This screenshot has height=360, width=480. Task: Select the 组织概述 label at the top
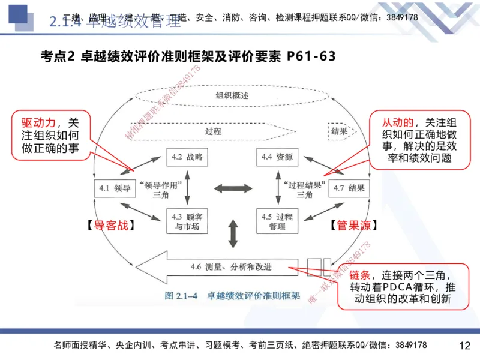tap(232, 95)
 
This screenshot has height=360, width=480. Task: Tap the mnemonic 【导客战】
tap(106, 226)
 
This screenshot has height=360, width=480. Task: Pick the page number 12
tap(464, 346)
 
